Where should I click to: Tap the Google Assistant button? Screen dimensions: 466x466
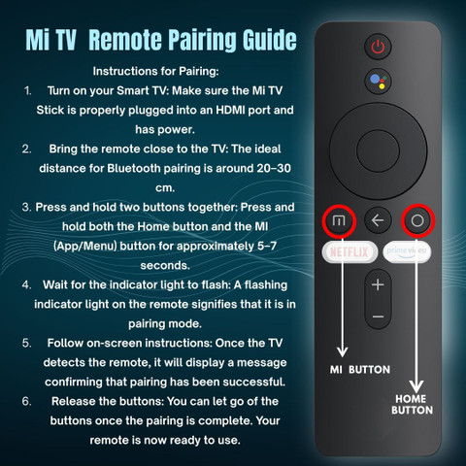[378, 82]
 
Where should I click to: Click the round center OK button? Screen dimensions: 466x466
[378, 150]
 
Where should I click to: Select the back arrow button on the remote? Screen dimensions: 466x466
[378, 220]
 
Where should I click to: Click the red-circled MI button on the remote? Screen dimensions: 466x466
[339, 221]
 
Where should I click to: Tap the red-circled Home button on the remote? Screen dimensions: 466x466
[417, 220]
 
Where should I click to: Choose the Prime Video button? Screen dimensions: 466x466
[407, 251]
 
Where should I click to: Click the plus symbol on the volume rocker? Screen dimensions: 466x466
[378, 284]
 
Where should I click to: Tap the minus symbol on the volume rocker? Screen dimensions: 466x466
[378, 316]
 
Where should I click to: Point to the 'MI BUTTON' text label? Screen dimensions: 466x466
[360, 370]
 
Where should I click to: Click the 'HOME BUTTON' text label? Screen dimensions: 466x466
[412, 405]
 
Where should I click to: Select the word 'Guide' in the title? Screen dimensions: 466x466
[270, 40]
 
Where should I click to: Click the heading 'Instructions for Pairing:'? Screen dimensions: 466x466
[155, 71]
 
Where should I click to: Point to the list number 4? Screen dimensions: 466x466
[26, 285]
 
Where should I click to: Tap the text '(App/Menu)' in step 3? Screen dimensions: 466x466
[84, 246]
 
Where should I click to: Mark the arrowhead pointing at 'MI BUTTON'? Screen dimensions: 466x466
[342, 351]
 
